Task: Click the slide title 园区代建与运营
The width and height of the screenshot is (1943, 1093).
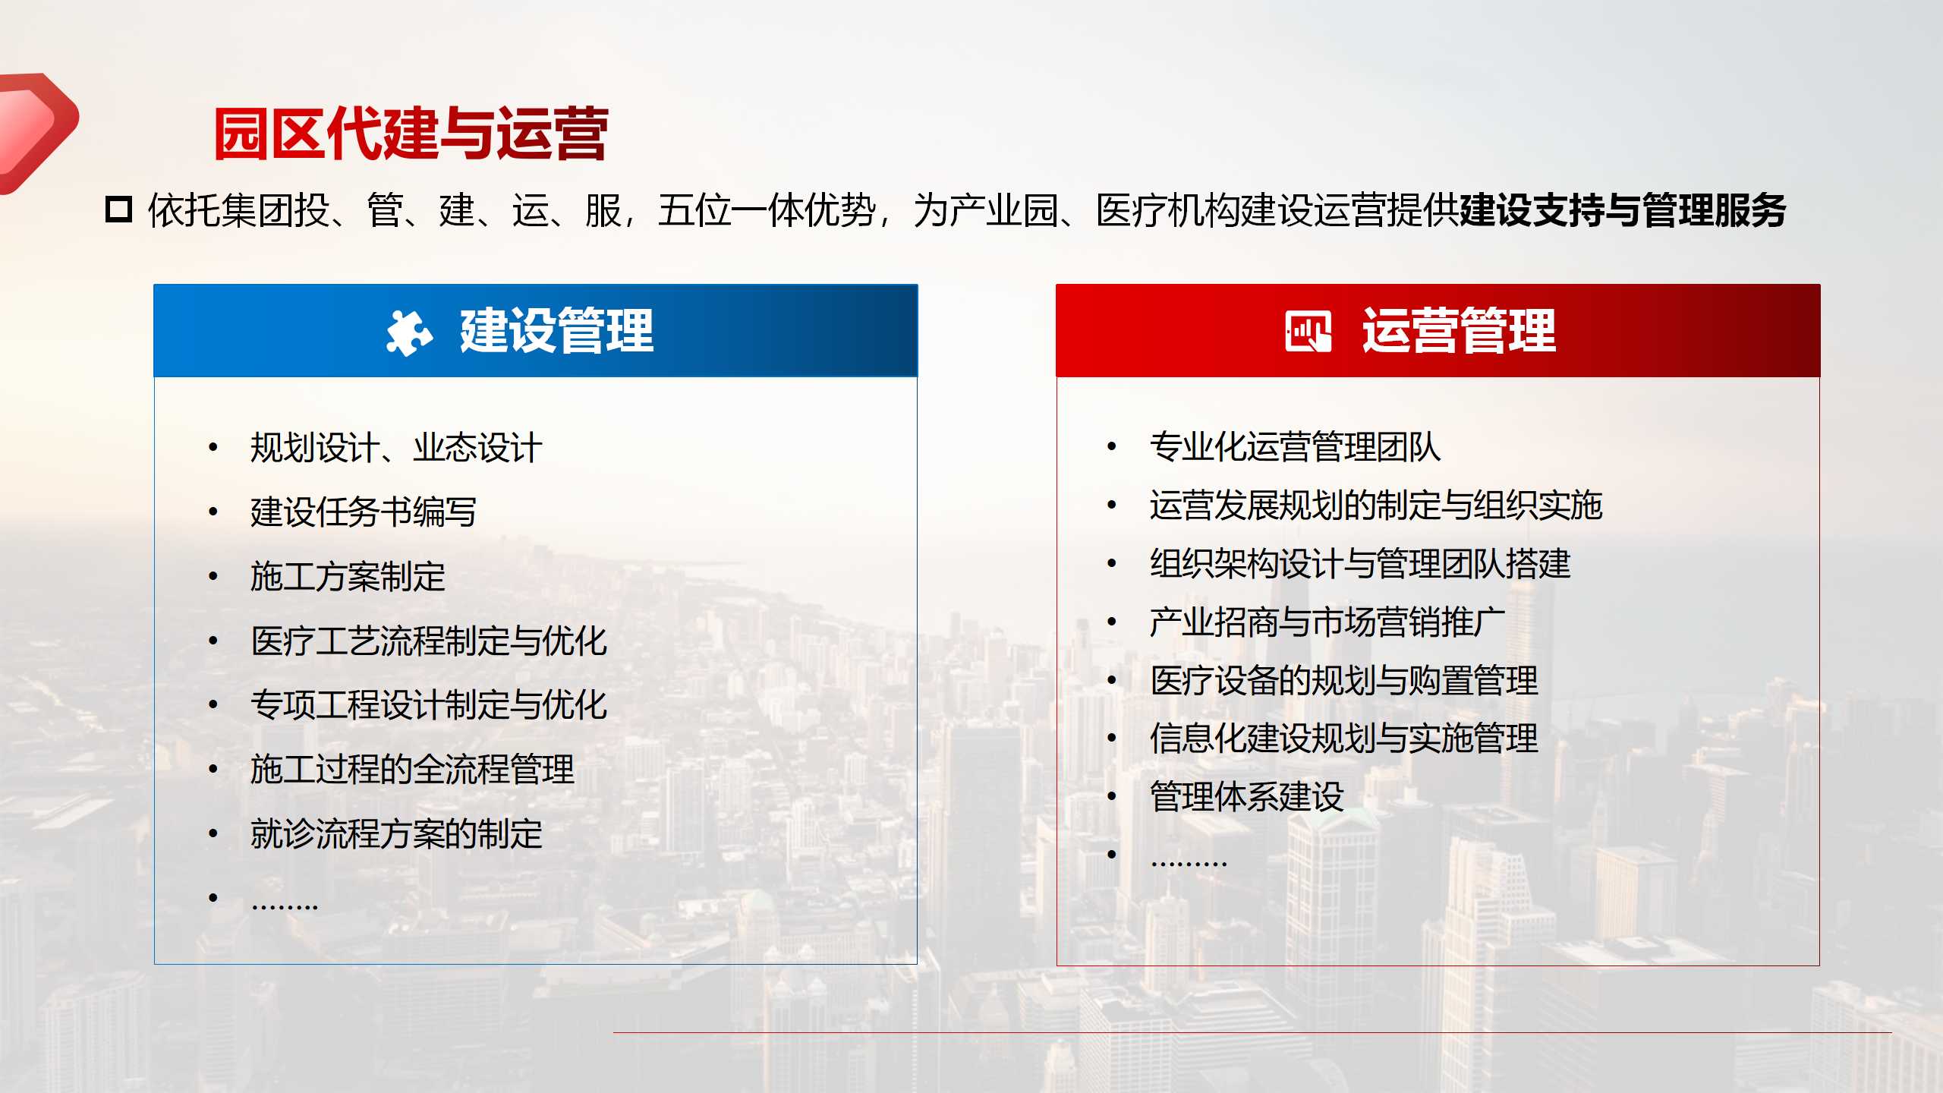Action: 411,134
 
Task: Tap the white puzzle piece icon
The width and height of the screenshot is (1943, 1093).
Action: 409,332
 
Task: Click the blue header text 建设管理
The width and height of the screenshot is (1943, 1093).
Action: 556,331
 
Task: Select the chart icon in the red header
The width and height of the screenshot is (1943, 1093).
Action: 1308,331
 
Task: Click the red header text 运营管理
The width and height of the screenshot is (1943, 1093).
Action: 1459,331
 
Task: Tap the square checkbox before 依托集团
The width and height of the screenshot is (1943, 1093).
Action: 118,209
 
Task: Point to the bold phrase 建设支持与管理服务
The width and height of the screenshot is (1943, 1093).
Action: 1623,210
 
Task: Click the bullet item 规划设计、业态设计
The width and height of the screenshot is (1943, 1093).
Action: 396,447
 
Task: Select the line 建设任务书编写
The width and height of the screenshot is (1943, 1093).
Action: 364,512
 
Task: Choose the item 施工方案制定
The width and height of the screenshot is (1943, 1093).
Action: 348,576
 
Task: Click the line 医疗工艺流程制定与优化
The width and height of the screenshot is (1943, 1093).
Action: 429,641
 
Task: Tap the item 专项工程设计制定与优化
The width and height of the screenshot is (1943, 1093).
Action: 429,704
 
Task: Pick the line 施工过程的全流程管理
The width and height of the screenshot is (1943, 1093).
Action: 412,769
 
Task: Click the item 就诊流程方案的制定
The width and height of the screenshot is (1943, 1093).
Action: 396,833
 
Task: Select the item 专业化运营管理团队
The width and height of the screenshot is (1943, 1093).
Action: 1295,446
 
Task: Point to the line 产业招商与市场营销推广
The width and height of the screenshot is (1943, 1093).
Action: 1327,622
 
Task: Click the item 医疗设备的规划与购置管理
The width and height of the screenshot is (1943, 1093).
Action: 1343,680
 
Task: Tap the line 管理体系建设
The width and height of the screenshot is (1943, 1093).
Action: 1246,797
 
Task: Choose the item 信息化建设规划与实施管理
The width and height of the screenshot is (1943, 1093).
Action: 1343,739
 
